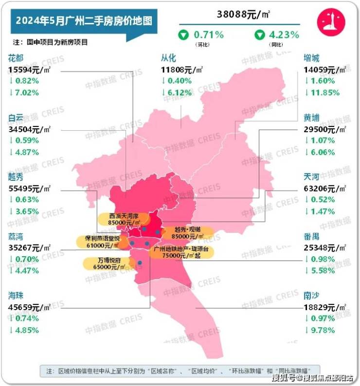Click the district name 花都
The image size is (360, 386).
point(16,58)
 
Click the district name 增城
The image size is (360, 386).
point(311,58)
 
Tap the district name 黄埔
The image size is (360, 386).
point(311,118)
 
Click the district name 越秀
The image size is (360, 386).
point(16,177)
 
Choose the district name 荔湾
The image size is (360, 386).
point(16,237)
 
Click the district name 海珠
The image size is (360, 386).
point(16,296)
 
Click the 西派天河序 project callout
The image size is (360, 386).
point(119,219)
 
